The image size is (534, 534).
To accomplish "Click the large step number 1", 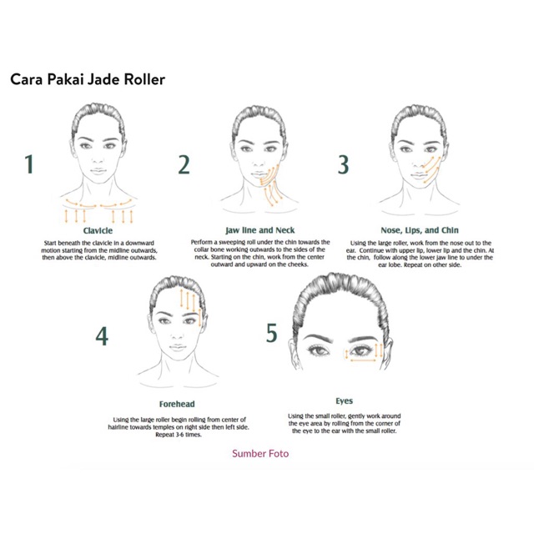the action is [30, 164].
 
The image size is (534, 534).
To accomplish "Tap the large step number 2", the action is [184, 164].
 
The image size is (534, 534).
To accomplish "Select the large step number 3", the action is [343, 164].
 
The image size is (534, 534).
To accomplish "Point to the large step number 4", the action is [102, 336].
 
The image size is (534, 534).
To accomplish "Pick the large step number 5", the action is [271, 333].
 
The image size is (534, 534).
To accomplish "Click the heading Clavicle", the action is [98, 230].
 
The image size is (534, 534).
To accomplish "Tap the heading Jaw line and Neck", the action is [259, 230].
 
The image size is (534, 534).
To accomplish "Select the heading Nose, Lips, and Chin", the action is [420, 230].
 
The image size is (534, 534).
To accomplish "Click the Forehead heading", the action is [177, 404].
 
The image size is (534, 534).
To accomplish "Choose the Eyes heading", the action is [345, 400].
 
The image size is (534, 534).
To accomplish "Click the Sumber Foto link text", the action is [260, 453].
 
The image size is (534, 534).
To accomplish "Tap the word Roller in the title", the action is [144, 79].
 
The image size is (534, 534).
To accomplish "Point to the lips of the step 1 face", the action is [98, 170].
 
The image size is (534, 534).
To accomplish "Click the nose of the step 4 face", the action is [177, 335].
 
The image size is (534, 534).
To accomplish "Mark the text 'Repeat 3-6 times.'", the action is [179, 435].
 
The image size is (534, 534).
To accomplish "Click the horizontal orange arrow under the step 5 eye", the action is [364, 360].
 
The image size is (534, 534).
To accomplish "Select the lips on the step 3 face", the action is [419, 175].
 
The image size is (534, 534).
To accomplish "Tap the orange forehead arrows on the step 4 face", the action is [190, 304].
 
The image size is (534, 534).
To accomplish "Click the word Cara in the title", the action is [27, 79].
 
